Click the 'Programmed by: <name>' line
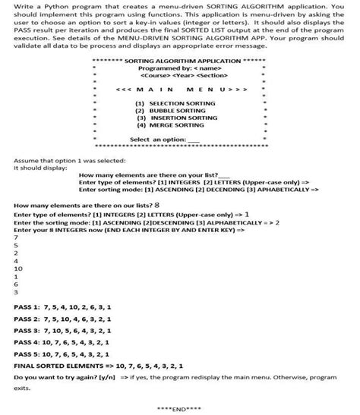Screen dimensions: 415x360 (179, 67)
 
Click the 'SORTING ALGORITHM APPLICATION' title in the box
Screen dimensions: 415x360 (179, 59)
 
